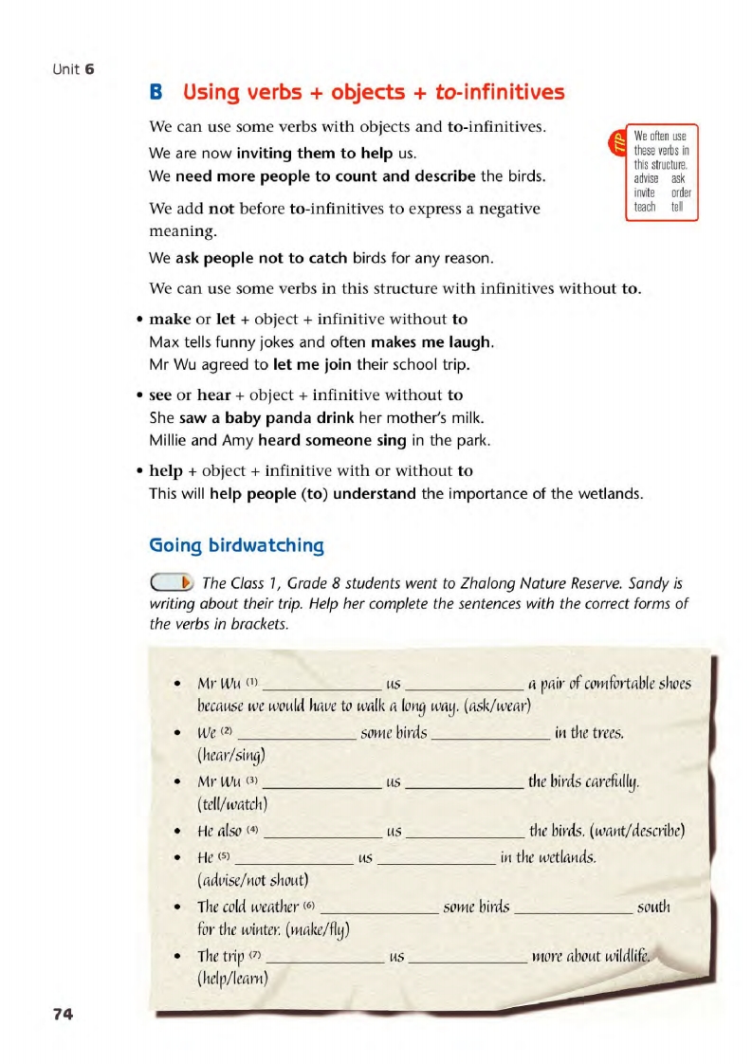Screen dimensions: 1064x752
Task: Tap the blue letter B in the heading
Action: click(157, 93)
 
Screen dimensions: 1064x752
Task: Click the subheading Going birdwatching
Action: click(237, 545)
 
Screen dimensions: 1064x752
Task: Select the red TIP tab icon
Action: click(616, 143)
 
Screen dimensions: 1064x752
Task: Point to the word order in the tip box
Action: click(681, 193)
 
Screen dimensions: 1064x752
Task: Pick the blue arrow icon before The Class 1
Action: click(174, 581)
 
